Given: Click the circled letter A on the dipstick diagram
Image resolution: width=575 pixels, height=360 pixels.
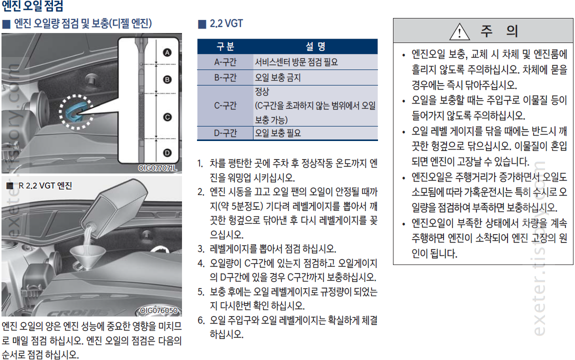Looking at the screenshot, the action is pos(167,52).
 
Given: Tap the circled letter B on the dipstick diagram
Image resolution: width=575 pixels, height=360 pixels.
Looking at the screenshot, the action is pos(167,79).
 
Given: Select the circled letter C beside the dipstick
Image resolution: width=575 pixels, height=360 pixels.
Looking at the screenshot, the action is pos(167,117).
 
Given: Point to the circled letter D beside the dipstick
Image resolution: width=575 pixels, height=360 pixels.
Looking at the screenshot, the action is pos(167,153).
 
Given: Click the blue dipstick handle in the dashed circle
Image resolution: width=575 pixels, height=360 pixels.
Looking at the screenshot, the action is pos(75,111).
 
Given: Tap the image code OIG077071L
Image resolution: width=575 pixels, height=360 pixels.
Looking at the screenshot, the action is pos(157,168).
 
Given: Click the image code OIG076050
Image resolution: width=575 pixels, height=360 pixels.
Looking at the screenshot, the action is pos(159,310).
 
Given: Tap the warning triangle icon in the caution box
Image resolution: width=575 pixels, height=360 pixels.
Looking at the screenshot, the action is pos(459,31).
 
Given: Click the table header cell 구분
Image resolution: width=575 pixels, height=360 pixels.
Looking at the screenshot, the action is pos(225,46).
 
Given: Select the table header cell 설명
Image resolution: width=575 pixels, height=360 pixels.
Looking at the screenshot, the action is pos(315,46).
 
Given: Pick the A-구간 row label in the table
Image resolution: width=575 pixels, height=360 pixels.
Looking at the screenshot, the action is pos(225,62).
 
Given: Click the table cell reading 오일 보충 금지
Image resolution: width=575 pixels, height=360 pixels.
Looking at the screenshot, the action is pos(278,77).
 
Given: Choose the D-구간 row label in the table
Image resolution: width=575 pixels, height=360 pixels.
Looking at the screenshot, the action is pos(225,133).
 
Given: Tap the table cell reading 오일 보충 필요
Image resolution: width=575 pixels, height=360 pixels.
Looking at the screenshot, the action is pos(278,133).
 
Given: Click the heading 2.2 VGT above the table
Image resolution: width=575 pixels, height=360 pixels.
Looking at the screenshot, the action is pos(226,24).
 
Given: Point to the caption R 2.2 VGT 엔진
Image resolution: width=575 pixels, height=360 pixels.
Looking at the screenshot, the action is pos(45,185).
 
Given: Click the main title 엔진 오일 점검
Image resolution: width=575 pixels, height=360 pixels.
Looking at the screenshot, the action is pos(32,5).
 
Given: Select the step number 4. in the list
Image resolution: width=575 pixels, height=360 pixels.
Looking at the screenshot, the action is pos(201,263).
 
